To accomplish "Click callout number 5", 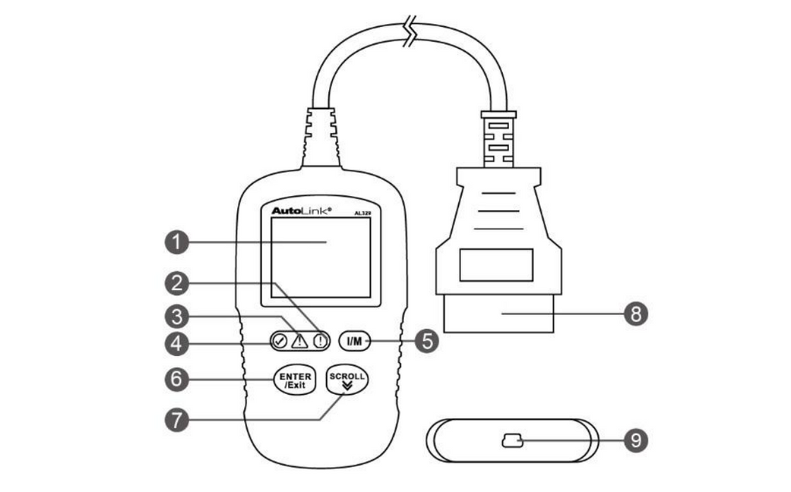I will tap(426, 340).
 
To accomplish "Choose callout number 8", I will tap(635, 313).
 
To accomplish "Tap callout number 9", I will tap(635, 441).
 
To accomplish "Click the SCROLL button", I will tap(347, 378).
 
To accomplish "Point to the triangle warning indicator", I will tap(299, 340).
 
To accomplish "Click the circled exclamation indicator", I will tap(320, 340).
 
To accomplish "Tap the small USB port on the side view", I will tap(511, 442).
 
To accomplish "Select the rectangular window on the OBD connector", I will tap(497, 264).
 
